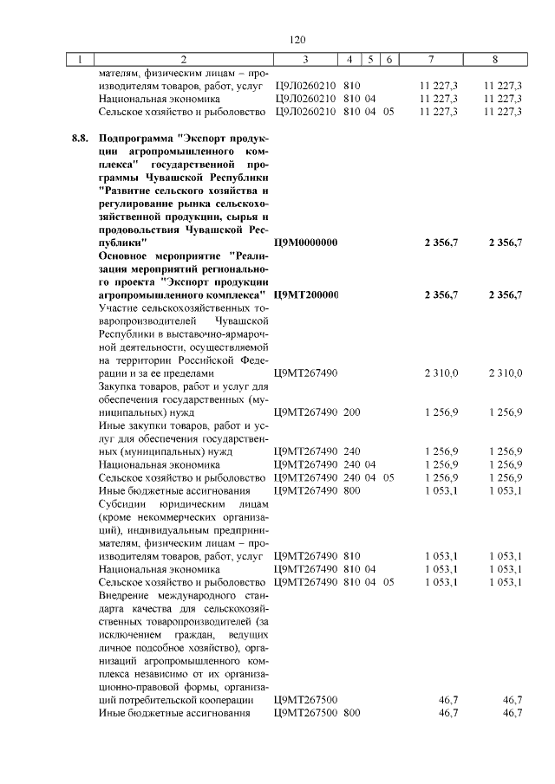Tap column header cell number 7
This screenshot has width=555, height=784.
431,60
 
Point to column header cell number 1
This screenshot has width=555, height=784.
81,60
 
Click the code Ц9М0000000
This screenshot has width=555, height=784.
305,243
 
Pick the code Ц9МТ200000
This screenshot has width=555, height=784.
305,296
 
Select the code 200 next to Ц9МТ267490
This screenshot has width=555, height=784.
351,412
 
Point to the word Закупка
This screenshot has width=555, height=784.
121,386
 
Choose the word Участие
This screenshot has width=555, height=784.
121,308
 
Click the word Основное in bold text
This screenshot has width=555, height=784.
129,256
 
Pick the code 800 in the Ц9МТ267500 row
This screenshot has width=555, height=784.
351,713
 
